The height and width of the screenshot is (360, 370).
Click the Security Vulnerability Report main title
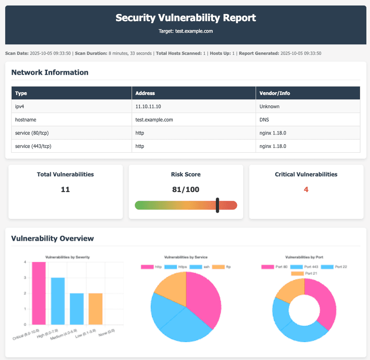pyautogui.click(x=185, y=18)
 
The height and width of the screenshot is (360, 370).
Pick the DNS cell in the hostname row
pyautogui.click(x=264, y=120)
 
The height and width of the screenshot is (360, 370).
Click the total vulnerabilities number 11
pyautogui.click(x=65, y=189)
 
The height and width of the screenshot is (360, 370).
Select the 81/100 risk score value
pyautogui.click(x=185, y=189)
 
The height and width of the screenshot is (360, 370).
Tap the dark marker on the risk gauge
pyautogui.click(x=217, y=205)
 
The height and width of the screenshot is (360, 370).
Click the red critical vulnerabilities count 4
pyautogui.click(x=306, y=189)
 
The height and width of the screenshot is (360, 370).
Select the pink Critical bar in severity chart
pyautogui.click(x=38, y=293)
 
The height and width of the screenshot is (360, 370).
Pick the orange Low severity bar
pyautogui.click(x=96, y=309)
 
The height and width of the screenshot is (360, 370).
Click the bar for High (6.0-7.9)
pyautogui.click(x=58, y=301)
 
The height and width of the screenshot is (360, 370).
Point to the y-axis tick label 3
pyautogui.click(x=25, y=278)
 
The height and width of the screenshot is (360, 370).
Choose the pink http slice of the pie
pyautogui.click(x=204, y=299)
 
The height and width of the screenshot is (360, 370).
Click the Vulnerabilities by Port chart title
pyautogui.click(x=304, y=257)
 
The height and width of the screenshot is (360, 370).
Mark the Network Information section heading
pyautogui.click(x=50, y=72)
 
